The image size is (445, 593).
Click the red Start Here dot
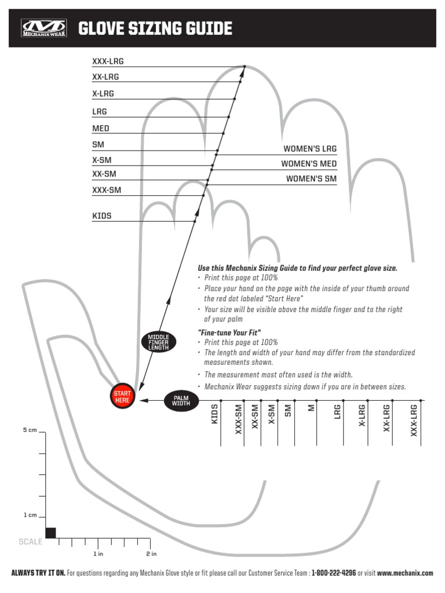122,397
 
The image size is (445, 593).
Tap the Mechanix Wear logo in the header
43,28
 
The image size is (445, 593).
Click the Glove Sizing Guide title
155,28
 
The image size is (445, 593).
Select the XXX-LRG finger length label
108,61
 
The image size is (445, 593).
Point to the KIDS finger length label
102,216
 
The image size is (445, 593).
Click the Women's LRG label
309,149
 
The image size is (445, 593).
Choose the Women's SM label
311,179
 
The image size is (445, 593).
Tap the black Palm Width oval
181,400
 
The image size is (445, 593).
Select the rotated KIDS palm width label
214,415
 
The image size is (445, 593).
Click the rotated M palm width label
311,408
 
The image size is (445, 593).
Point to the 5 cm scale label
30,430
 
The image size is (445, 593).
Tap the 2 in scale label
151,554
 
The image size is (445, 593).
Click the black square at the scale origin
51,533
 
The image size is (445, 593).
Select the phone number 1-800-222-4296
334,573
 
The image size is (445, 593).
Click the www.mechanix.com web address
405,573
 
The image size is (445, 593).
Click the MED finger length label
101,129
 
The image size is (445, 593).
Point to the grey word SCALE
31,542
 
